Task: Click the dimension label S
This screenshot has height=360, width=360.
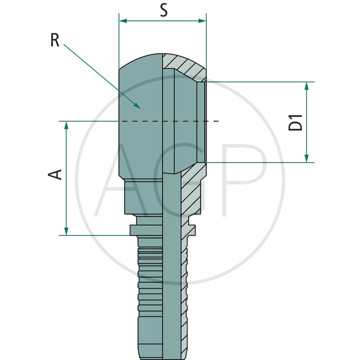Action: pyautogui.click(x=164, y=10)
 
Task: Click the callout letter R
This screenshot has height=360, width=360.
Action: pyautogui.click(x=55, y=40)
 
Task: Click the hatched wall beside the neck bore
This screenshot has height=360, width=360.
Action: pyautogui.click(x=189, y=193)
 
